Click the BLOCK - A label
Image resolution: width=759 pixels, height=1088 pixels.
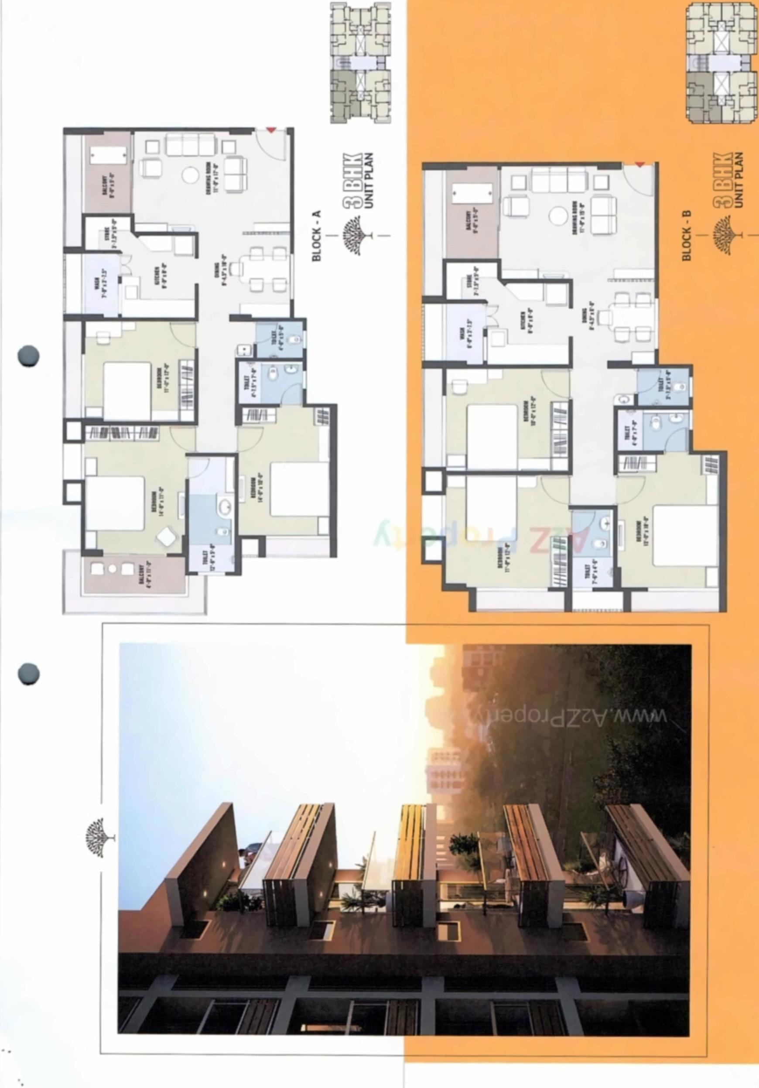point(317,236)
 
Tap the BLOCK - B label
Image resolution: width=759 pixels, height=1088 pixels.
point(687,235)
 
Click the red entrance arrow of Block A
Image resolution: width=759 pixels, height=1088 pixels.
point(270,130)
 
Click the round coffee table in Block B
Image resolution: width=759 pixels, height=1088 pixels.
point(557,216)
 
